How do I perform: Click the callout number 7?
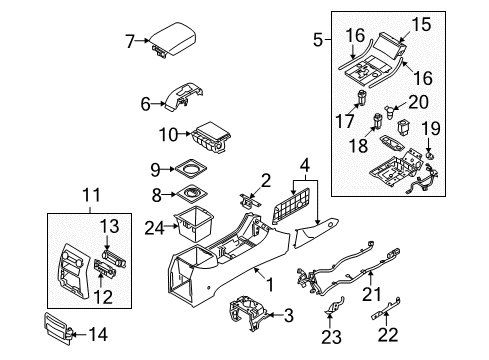[130, 41]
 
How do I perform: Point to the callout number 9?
[155, 167]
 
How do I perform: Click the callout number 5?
[318, 41]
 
